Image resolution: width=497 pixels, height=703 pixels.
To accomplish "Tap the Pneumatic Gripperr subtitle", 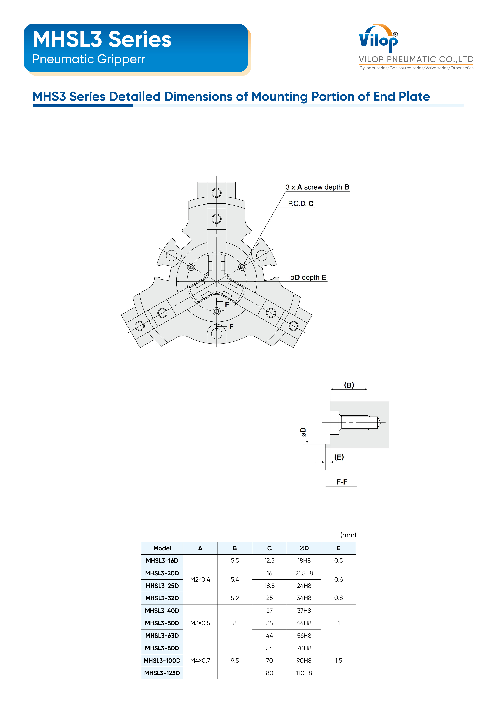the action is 89,59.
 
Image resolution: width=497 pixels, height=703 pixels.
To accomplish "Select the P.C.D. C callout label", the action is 301,204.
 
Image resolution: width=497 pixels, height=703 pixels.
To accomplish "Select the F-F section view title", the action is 342,482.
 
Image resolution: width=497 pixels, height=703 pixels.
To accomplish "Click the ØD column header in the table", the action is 304,548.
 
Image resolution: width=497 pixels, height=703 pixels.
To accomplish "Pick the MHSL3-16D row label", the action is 162,561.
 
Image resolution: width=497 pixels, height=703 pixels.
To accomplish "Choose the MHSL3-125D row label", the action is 162,673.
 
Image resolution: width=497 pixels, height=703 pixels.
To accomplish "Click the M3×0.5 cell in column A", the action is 200,623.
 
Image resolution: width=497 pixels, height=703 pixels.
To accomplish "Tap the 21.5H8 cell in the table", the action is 304,573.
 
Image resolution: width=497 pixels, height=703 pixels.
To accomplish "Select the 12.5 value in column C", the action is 270,561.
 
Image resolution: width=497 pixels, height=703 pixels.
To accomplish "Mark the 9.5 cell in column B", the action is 235,660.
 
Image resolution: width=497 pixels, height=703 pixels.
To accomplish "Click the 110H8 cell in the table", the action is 304,673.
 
